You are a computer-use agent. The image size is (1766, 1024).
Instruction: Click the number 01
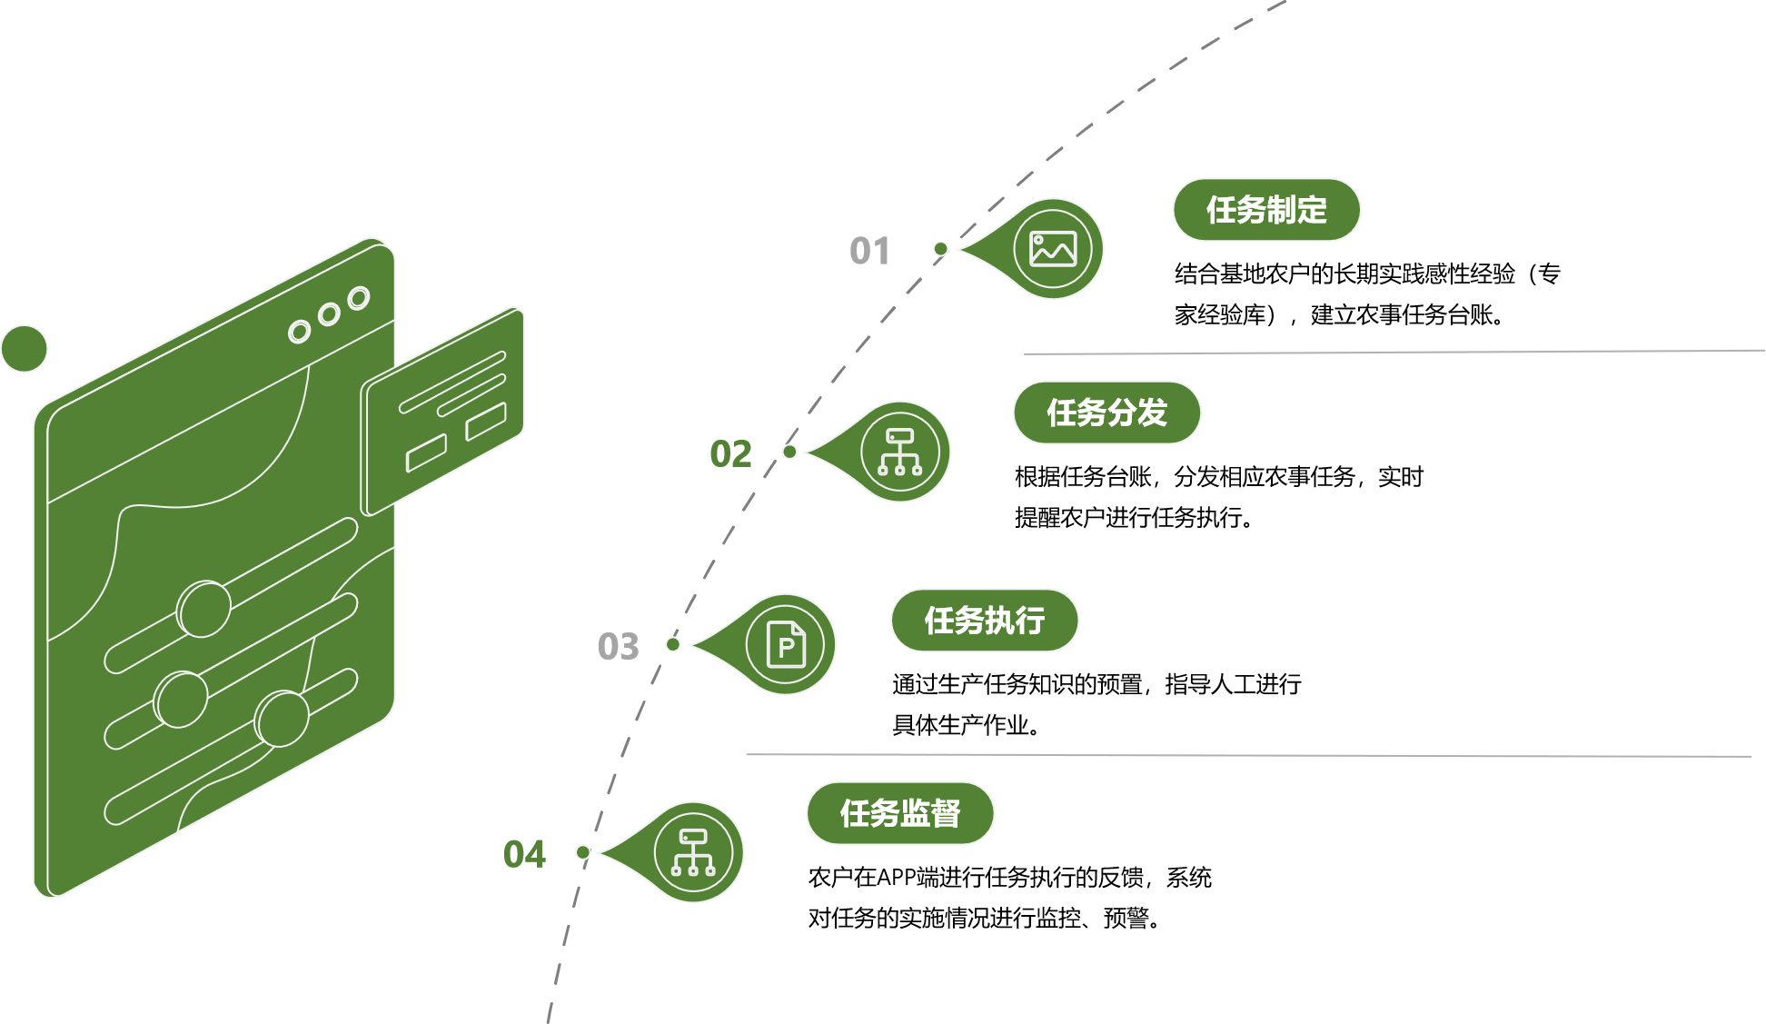coord(869,251)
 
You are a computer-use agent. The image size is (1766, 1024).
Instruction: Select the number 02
coord(730,453)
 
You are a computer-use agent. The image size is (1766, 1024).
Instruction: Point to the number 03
coord(618,646)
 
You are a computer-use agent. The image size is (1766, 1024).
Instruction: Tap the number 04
coord(524,854)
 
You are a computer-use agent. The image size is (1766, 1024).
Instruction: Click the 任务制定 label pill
coord(1266,210)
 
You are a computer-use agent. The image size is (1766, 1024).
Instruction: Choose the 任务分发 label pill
coord(1106,413)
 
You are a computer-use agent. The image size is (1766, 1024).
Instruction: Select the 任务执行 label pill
coord(984,621)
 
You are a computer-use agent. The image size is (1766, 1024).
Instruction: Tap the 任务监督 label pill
coord(899,813)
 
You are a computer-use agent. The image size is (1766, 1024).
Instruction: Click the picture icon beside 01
coord(1053,248)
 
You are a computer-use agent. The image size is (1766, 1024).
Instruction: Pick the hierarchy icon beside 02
coord(899,452)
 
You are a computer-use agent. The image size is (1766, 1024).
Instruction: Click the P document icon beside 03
coord(786,644)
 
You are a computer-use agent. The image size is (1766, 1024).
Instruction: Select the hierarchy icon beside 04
coord(693,852)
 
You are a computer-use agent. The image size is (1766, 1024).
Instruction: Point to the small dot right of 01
coord(941,249)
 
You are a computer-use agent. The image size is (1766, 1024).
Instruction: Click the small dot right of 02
coord(789,452)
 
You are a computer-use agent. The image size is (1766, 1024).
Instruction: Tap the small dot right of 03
coord(673,644)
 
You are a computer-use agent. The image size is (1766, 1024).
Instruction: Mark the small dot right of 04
coord(583,852)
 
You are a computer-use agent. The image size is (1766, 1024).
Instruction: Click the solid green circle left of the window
coord(24,348)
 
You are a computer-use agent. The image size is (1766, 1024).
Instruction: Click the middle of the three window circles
coord(328,315)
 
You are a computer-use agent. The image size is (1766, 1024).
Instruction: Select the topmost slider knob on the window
coord(204,608)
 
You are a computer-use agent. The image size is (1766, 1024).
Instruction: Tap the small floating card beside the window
coord(443,411)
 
